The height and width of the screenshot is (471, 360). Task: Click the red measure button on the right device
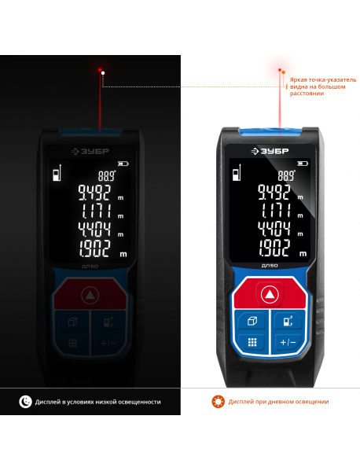coord(270,293)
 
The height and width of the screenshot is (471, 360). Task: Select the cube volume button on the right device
coord(252,321)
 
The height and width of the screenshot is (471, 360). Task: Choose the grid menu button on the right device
coord(252,342)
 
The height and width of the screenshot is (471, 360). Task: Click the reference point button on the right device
coord(288,321)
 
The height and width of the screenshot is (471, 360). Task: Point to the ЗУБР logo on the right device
coord(270,151)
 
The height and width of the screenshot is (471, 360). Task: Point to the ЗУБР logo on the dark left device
coord(90,152)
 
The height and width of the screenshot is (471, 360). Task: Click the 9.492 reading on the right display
coord(274,192)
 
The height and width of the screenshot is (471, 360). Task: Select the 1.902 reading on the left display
coord(94,248)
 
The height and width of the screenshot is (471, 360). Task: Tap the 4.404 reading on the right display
coord(274,229)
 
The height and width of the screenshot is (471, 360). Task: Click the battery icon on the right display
coord(303,164)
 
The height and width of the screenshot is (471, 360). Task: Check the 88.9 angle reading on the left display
coord(107,175)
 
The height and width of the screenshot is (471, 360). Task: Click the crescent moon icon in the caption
coord(25,402)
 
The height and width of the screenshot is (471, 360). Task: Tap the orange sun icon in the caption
coord(218,402)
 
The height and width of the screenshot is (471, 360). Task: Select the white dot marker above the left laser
coord(103,72)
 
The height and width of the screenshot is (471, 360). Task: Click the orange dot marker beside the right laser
coord(283,72)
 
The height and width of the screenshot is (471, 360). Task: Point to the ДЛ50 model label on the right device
coord(270,266)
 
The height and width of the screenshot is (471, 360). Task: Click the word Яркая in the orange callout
coord(298,80)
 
